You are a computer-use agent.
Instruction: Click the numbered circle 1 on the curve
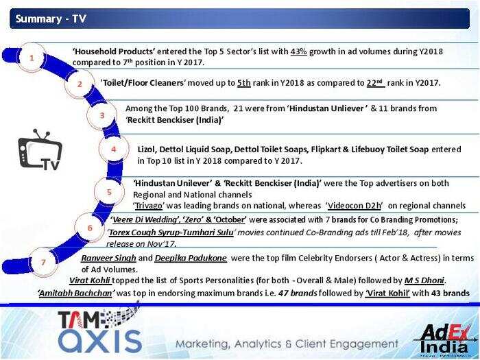point(32,57)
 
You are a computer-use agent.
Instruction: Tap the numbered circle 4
point(114,149)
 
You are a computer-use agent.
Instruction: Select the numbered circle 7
point(43,262)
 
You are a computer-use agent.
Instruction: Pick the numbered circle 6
point(89,228)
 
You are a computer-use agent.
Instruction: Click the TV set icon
point(40,150)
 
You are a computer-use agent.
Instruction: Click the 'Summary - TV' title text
point(51,19)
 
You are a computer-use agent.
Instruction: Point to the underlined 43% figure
point(298,51)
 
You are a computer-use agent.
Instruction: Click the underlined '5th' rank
point(243,83)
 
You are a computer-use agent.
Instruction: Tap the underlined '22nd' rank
point(376,83)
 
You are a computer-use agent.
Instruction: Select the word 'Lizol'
point(147,149)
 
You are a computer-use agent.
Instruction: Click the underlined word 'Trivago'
point(149,206)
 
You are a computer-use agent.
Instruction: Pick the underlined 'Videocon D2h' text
point(355,206)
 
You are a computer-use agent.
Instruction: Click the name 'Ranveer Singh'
point(108,258)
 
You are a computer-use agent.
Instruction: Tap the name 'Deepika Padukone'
point(191,258)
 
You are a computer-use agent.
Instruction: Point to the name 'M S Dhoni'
point(424,280)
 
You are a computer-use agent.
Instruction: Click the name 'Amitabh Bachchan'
point(75,293)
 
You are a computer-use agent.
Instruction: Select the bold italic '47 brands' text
point(297,293)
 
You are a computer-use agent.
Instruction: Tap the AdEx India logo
point(445,339)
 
